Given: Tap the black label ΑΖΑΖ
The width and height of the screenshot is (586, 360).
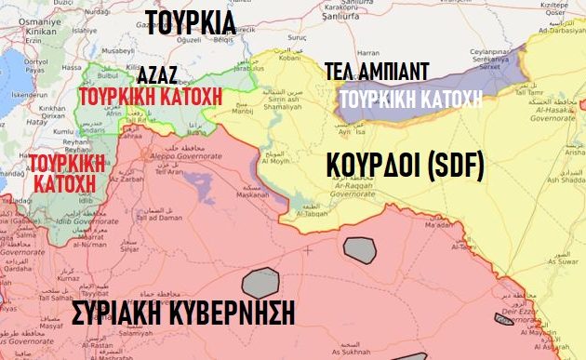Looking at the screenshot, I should pyautogui.click(x=158, y=75).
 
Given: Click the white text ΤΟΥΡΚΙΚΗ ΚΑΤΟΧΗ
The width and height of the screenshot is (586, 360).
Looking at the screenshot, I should pyautogui.click(x=411, y=99).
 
